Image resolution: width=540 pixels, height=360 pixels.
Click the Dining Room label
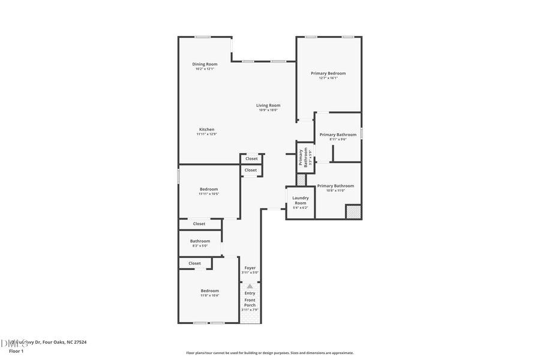205,64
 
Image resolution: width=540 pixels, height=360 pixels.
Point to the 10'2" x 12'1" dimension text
205,69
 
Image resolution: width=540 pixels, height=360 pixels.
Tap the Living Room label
268,106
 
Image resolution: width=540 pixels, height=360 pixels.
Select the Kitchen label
206,130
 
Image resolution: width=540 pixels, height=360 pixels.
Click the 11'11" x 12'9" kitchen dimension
206,134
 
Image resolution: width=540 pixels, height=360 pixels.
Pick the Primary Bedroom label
328,73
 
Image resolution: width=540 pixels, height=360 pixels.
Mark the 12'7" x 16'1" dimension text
328,78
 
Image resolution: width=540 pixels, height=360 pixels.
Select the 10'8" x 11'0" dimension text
335,191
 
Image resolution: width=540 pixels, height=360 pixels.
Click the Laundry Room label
301,200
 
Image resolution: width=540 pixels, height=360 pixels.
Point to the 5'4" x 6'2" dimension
301,208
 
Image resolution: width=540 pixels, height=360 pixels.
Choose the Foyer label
250,268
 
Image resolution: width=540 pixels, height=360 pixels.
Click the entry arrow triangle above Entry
250,286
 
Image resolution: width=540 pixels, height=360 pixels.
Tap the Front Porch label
250,302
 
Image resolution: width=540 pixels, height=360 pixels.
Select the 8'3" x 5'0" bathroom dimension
200,246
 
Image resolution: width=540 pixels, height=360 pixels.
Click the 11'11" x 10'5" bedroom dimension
209,194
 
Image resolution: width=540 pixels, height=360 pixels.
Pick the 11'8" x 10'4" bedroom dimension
209,295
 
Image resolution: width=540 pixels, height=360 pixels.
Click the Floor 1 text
16,350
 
